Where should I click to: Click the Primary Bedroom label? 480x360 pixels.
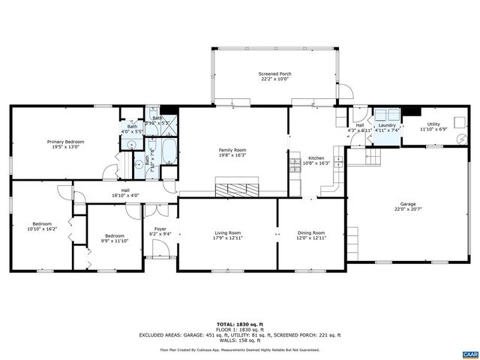pos(65,142)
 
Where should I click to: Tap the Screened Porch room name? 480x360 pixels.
pos(274,73)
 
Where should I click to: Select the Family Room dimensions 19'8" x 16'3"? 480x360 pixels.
pos(232,155)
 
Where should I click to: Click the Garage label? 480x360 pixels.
pos(407,204)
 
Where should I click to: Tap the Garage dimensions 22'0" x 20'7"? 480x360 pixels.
pos(407,210)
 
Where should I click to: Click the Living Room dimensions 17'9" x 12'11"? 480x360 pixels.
pos(229,238)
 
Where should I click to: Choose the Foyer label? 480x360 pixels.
pos(160,229)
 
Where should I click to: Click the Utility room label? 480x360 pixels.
pos(433,124)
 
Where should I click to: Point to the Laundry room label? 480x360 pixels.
pos(387,125)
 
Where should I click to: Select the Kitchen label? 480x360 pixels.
pos(316,158)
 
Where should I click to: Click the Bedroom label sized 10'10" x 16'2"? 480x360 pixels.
pos(41,223)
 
